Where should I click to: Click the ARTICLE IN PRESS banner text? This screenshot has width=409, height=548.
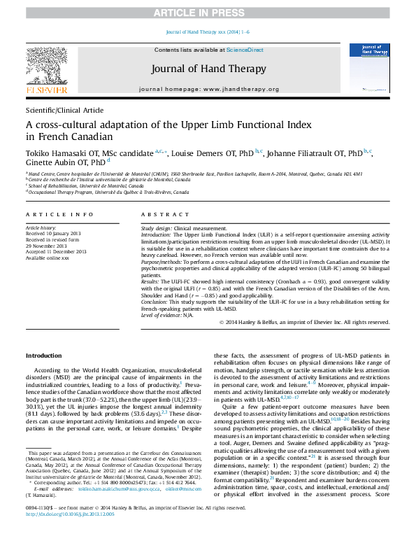click(204, 7)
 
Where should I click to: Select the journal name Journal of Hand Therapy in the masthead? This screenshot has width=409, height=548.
click(204, 69)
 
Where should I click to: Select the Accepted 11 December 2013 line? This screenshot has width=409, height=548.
click(55, 251)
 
